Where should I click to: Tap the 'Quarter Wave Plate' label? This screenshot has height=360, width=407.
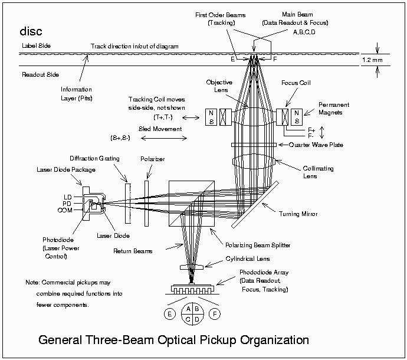[x=316, y=145]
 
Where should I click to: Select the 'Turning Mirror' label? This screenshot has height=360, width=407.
[x=298, y=214]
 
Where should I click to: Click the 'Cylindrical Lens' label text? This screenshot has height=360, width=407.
[x=248, y=258]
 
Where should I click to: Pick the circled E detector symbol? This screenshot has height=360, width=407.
[x=169, y=314]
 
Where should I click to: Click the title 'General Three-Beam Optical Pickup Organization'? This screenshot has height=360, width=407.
[x=173, y=341]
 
